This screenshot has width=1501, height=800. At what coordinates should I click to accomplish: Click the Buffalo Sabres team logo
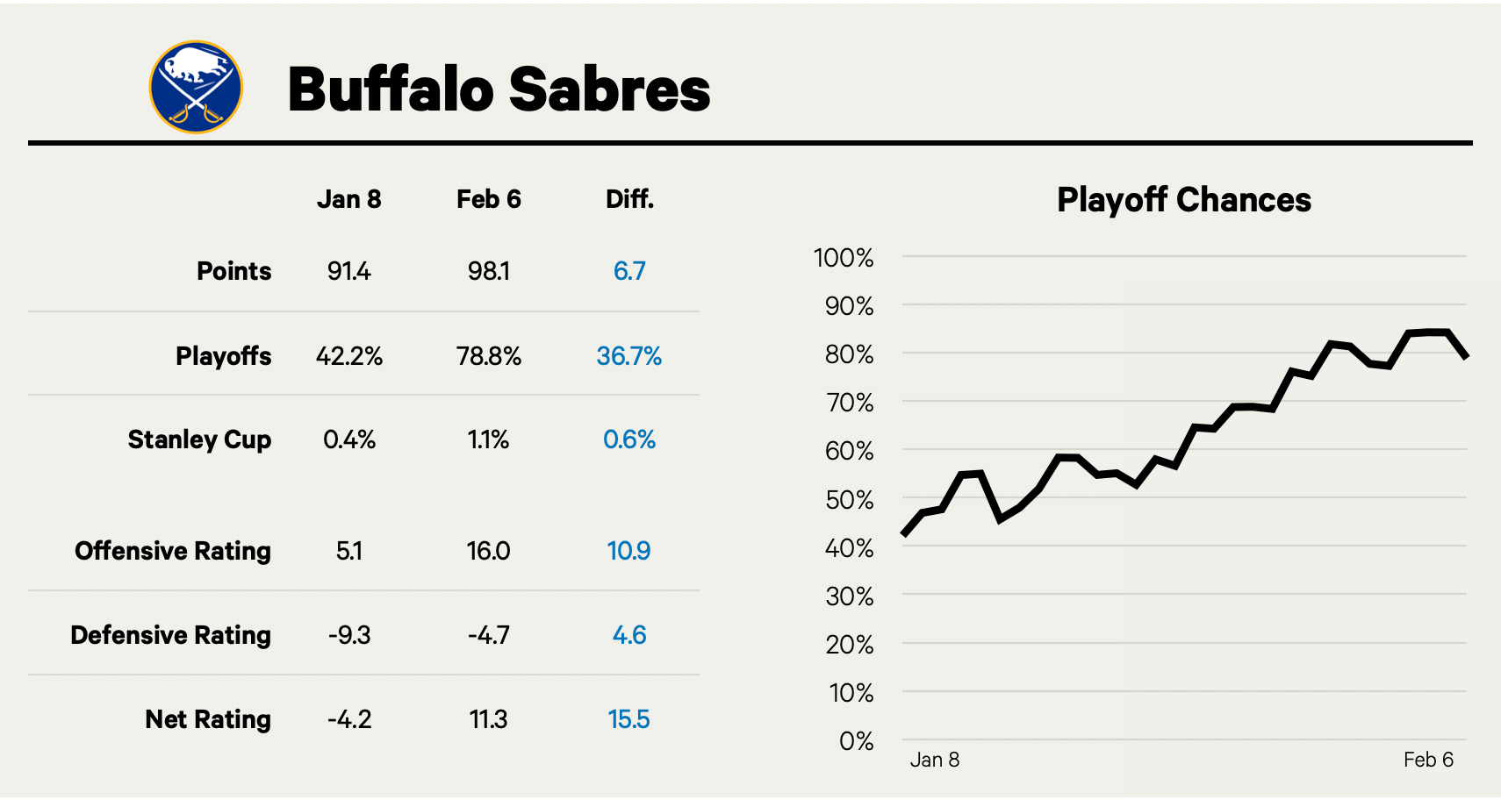tap(196, 87)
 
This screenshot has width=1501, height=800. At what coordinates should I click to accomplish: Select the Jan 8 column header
tap(348, 200)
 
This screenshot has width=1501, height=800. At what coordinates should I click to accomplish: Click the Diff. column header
tap(629, 200)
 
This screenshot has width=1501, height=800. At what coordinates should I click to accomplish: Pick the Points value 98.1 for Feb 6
tap(488, 271)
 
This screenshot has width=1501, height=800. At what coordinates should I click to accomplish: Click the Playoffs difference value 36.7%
tap(628, 356)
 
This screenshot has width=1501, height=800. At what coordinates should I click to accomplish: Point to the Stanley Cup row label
tap(199, 439)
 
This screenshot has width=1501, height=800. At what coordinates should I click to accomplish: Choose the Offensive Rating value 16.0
tap(488, 551)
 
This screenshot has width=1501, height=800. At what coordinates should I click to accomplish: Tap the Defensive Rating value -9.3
tap(348, 635)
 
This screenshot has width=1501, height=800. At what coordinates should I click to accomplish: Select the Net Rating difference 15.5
tap(628, 719)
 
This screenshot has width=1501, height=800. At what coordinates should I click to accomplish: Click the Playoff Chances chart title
tap(1183, 200)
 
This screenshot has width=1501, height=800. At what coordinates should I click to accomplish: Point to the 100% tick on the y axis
tap(844, 258)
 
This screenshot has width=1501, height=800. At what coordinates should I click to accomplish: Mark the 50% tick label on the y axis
tap(849, 500)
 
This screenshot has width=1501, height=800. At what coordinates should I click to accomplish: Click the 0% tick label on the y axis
tap(856, 741)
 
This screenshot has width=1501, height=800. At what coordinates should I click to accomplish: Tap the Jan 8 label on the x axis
tap(934, 760)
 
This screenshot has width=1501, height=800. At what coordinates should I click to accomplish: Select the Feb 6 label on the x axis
tap(1428, 760)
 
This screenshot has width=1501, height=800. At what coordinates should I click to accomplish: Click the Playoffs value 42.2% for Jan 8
tap(348, 356)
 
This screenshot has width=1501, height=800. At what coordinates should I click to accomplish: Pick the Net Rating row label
tap(208, 719)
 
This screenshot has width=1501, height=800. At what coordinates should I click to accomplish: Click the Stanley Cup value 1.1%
tap(488, 439)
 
